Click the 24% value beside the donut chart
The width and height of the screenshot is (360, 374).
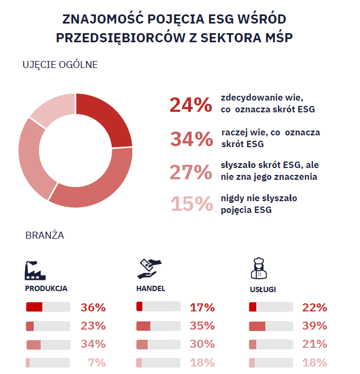190,105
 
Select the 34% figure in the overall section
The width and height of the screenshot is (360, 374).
191,139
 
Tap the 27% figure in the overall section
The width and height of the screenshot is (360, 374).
191,172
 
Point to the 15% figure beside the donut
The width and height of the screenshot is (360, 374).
191,204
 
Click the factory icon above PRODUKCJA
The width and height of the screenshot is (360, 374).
35,270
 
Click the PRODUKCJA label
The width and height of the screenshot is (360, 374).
46,288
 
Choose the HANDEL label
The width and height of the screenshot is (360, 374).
151,288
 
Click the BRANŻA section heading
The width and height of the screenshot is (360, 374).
45,235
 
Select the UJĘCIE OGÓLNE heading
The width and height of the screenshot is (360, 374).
60,65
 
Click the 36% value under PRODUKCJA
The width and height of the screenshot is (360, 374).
93,308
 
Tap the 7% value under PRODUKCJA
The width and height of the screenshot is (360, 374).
97,363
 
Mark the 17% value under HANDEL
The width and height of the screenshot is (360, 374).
202,308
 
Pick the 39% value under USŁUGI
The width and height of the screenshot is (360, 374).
314,326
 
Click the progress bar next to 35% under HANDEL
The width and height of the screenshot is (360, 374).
158,326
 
